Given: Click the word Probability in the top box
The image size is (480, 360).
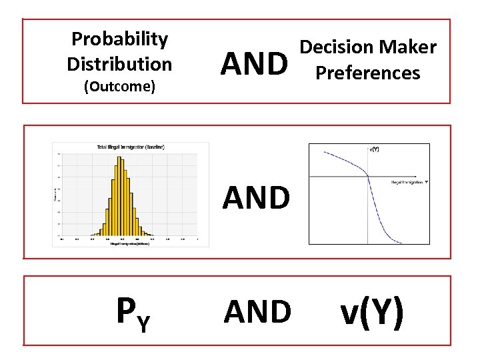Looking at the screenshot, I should pyautogui.click(x=119, y=39).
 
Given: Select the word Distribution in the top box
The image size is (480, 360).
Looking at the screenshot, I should pyautogui.click(x=119, y=64).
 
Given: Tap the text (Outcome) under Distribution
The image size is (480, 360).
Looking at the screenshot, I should pyautogui.click(x=119, y=87).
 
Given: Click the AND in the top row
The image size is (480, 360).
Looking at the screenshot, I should pyautogui.click(x=256, y=64).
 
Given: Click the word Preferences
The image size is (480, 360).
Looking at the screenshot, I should pyautogui.click(x=368, y=72).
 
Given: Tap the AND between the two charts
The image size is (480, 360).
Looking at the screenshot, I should pyautogui.click(x=256, y=197).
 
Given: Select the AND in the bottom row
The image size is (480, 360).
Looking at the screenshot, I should pyautogui.click(x=257, y=311).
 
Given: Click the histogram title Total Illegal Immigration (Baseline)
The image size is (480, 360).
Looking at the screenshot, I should pyautogui.click(x=131, y=147).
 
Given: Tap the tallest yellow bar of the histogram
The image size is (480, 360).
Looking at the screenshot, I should pyautogui.click(x=120, y=193).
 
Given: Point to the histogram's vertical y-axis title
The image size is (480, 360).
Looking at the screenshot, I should pyautogui.click(x=55, y=193).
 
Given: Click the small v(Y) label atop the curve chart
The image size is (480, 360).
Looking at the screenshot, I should pyautogui.click(x=374, y=150).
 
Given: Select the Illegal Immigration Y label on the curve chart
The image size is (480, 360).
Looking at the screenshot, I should pyautogui.click(x=408, y=181).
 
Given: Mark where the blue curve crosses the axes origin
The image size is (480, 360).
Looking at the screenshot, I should pyautogui.click(x=368, y=176).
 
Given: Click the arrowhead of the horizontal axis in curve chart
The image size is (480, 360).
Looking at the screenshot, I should pyautogui.click(x=425, y=176).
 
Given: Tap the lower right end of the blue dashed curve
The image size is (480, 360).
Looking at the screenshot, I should pyautogui.click(x=401, y=243).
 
